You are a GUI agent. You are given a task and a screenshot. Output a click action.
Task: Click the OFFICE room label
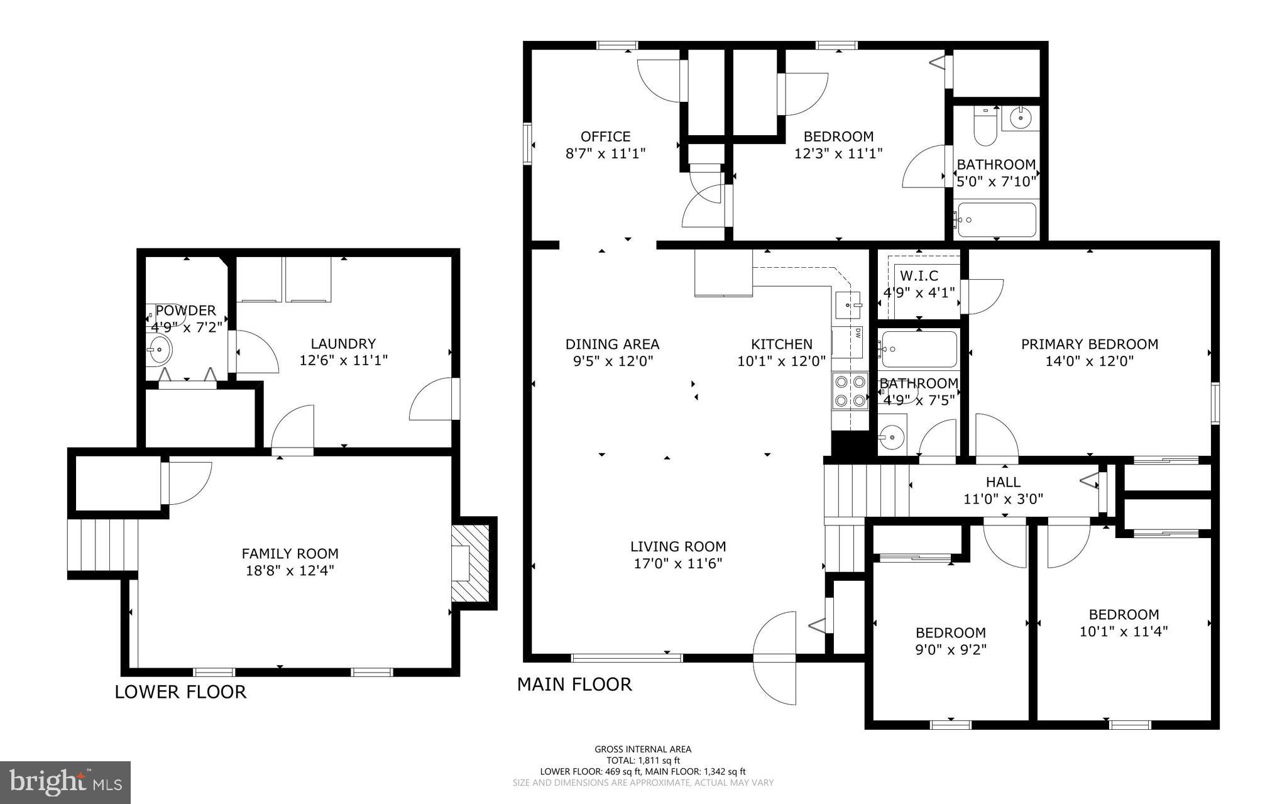tap(605, 136)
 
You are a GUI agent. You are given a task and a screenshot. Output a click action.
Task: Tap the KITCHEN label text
tap(781, 344)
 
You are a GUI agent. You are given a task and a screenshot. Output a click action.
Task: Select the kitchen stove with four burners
tap(850, 390)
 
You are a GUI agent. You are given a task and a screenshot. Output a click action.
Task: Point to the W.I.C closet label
tap(919, 275)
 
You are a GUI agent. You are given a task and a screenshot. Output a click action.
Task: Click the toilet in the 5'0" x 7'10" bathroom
tap(981, 127)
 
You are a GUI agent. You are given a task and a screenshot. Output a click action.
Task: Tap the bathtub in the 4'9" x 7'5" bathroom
tap(919, 350)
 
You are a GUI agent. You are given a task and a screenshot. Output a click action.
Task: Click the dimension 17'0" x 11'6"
tap(678, 563)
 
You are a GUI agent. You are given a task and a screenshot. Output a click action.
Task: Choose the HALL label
tap(1003, 482)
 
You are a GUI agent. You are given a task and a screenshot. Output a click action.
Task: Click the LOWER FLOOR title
tap(180, 692)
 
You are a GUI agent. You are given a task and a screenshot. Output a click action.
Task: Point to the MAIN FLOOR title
tap(574, 685)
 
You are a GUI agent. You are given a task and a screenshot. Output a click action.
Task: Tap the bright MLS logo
tap(65, 782)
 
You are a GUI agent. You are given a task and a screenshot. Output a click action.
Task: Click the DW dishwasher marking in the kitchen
tap(857, 334)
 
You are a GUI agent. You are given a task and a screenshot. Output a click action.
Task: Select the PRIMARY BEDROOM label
tap(1089, 344)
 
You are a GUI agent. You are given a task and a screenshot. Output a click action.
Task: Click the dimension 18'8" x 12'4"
tap(290, 570)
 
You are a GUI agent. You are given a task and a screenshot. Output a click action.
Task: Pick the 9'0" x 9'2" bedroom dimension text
tap(950, 649)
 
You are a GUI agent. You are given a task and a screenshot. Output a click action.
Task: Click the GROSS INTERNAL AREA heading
tap(642, 749)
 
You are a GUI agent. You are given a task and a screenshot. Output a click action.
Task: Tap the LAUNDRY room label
tap(343, 344)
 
